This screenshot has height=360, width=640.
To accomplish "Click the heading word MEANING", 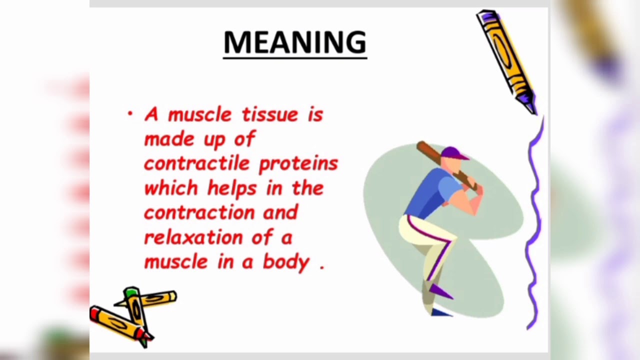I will point(295,43).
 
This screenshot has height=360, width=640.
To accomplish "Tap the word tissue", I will point(270,114).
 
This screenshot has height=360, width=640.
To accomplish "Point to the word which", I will point(171,188).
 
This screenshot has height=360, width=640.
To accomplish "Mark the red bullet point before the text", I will point(130,114).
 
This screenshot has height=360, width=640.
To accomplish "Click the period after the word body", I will point(321,267).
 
